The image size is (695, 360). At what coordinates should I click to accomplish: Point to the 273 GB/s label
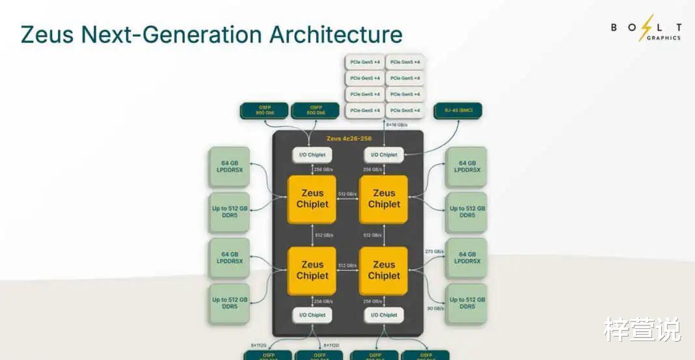[434, 251]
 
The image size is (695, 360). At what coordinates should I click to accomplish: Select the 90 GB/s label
[434, 308]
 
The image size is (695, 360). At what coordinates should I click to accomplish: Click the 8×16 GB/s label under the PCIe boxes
[398, 124]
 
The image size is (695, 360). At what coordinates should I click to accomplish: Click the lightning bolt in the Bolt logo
[646, 27]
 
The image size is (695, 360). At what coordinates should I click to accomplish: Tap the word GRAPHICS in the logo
[659, 38]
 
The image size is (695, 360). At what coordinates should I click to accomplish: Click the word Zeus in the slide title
[48, 34]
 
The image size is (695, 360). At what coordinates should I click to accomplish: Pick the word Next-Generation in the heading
[171, 34]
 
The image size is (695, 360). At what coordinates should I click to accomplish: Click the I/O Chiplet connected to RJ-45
[384, 155]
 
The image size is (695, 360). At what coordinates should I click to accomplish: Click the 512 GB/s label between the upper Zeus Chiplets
[347, 194]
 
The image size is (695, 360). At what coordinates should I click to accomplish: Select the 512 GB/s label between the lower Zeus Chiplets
[347, 266]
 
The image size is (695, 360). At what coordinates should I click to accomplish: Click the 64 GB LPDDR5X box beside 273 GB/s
[466, 258]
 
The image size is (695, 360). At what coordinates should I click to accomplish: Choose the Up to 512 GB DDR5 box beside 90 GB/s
[466, 303]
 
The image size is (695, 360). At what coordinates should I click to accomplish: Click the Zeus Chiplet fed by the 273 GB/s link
[384, 270]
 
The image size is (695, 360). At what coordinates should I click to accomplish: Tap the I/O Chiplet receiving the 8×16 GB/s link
[384, 155]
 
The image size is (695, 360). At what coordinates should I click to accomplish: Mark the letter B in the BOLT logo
[614, 27]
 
